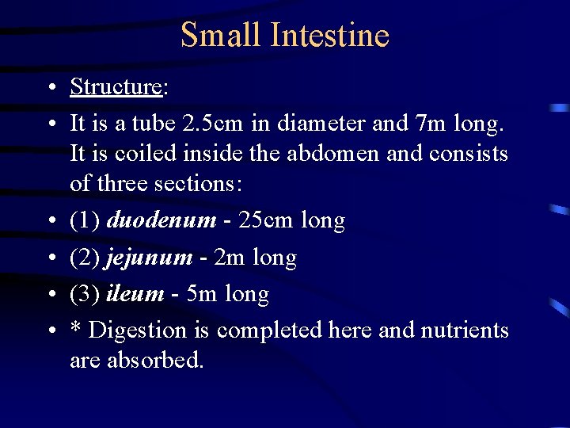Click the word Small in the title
[x=222, y=36]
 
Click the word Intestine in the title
[x=330, y=36]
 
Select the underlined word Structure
[x=116, y=86]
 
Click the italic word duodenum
[x=161, y=220]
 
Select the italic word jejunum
[x=149, y=258]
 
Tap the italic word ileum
[x=135, y=294]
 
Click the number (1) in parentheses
[x=85, y=220]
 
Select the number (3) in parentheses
[x=85, y=294]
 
